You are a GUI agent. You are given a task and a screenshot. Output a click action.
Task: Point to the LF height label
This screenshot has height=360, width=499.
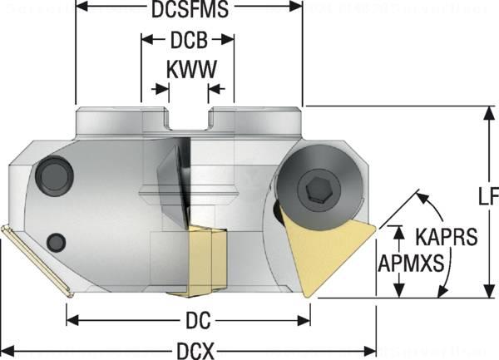488,197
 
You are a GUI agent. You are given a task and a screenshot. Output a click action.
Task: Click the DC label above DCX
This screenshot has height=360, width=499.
189,319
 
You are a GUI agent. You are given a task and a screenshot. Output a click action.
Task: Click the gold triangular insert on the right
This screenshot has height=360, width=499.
329,245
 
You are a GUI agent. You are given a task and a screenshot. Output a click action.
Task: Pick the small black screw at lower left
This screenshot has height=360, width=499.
57,242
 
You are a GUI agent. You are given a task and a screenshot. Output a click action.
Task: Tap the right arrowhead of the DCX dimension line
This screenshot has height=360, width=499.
372,349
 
